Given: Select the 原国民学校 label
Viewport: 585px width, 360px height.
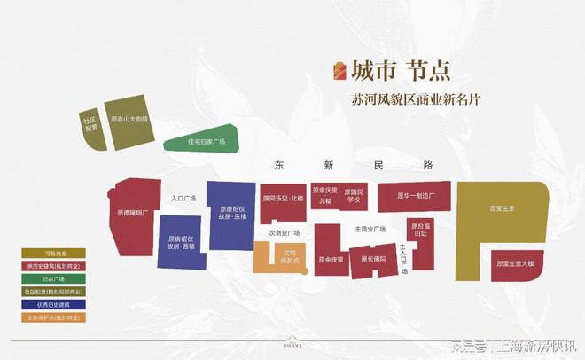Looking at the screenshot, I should coord(354,196).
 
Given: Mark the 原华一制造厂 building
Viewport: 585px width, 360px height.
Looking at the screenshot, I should coord(414,196).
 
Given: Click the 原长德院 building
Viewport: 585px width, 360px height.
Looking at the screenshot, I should coord(372,259).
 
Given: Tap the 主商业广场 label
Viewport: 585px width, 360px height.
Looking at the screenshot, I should coord(370,229).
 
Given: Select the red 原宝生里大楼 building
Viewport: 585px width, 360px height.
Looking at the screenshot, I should coord(514,263).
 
